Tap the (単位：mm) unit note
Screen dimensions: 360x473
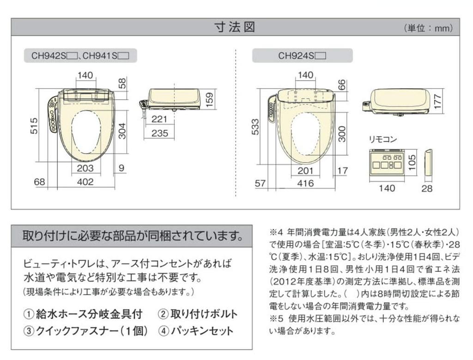[x=428, y=28]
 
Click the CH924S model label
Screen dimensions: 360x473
[x=302, y=56]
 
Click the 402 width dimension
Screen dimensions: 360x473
[x=85, y=182]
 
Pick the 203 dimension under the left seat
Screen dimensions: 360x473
[x=85, y=168]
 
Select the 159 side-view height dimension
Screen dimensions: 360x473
[x=210, y=97]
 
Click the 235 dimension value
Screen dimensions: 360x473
[x=159, y=133]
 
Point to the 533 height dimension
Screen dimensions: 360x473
[x=255, y=127]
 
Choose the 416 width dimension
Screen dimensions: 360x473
[x=305, y=184]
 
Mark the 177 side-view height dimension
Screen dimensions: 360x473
[x=439, y=102]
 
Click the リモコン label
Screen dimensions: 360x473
[x=382, y=139]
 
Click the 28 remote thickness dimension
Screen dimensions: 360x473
[x=427, y=188]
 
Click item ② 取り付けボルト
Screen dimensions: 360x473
[x=198, y=314]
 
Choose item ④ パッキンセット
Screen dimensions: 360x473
[x=196, y=331]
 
